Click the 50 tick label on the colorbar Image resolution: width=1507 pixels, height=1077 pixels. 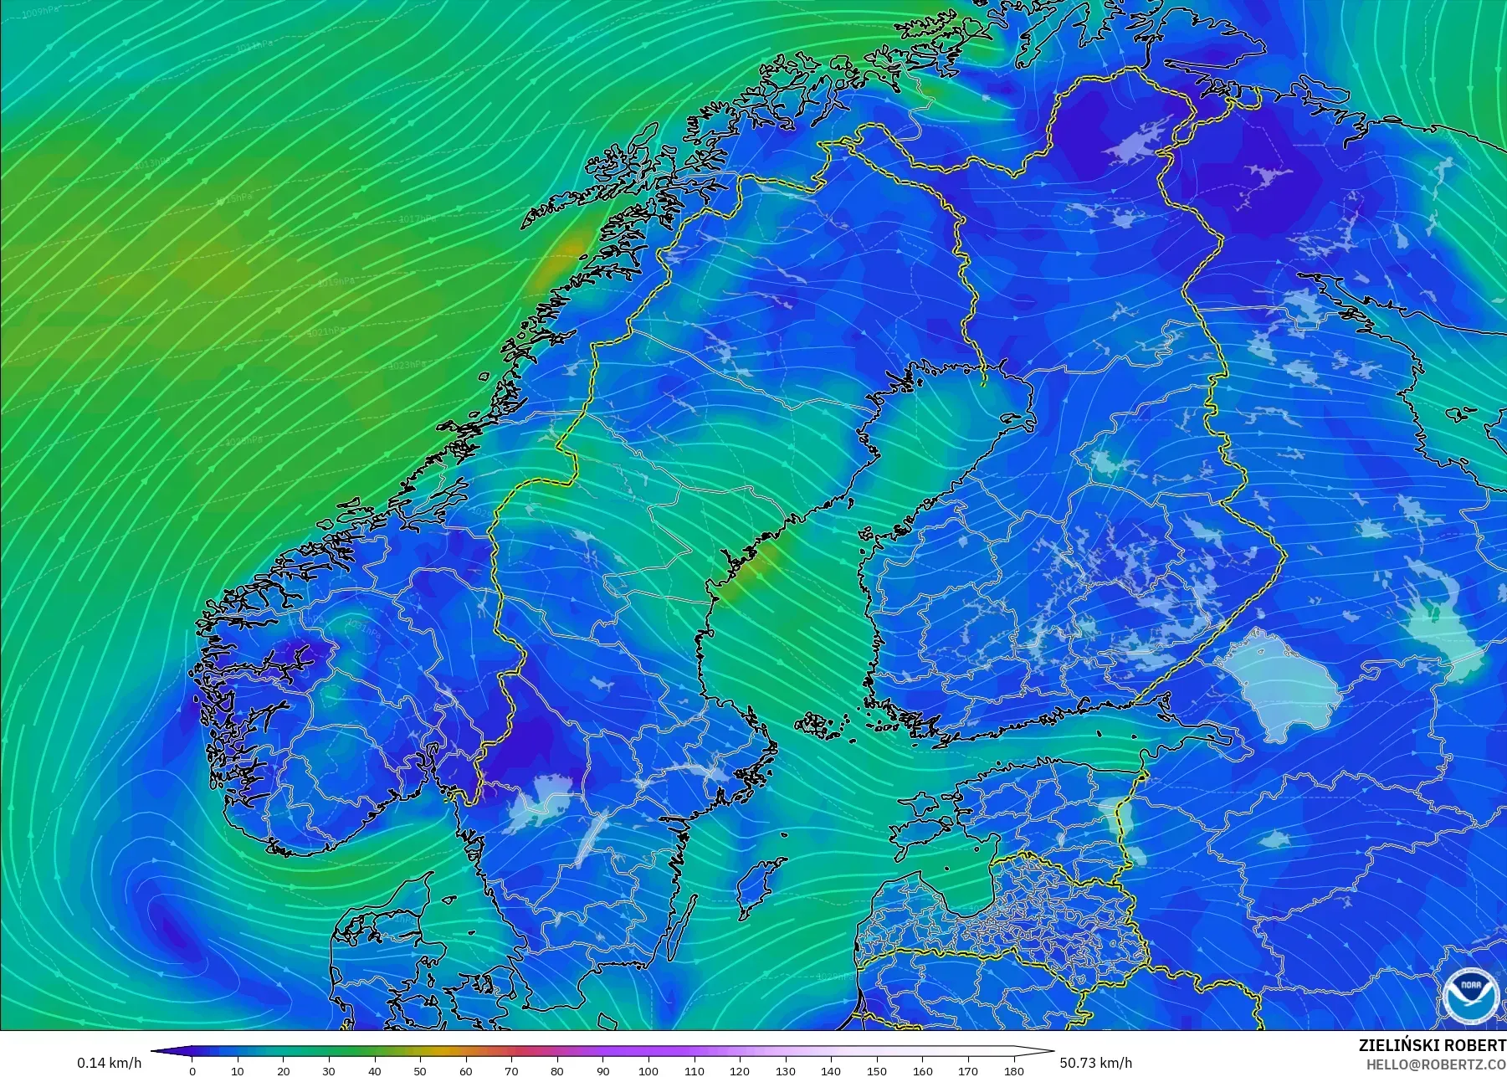coord(420,1070)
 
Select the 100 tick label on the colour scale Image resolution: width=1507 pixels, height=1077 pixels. coord(648,1070)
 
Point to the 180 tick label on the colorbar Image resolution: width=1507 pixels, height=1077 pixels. coord(1013,1070)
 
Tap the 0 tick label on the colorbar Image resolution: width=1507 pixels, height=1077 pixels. coord(192,1070)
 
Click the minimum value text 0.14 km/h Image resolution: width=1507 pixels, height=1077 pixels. coord(109,1063)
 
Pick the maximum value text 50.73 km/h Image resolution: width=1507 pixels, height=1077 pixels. coord(1095,1063)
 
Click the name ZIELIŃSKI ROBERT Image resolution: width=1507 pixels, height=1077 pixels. coord(1432,1045)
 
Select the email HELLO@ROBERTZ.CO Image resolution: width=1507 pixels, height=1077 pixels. coord(1436,1064)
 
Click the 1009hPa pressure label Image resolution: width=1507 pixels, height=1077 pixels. coord(38,13)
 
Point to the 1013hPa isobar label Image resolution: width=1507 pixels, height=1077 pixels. coord(151,162)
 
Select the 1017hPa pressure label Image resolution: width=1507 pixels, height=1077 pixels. coord(417,219)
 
